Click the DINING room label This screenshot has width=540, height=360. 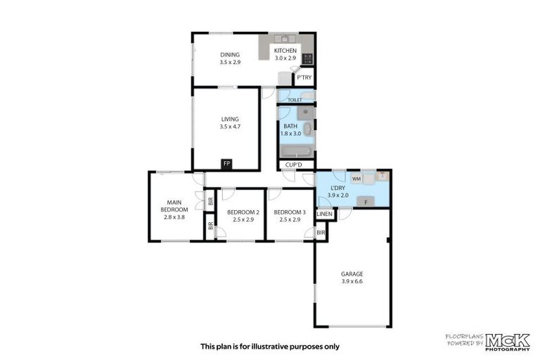tap(230, 54)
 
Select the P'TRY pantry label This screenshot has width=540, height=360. tap(304, 78)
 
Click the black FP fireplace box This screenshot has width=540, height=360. tap(226, 164)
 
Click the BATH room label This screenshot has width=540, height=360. tap(290, 126)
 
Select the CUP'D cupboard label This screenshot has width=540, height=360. tap(292, 165)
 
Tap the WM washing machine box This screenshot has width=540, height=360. tap(356, 179)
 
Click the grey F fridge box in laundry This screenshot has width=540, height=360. tap(365, 202)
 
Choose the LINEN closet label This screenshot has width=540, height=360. tap(324, 214)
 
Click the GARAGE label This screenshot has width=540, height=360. tap(352, 274)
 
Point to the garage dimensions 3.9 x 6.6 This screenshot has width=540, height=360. tap(352, 282)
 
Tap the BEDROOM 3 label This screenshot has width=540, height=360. tap(290, 212)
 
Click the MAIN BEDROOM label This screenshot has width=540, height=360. tap(174, 205)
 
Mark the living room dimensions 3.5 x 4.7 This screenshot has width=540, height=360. tap(230, 127)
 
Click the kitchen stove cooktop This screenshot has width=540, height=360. tap(308, 59)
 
